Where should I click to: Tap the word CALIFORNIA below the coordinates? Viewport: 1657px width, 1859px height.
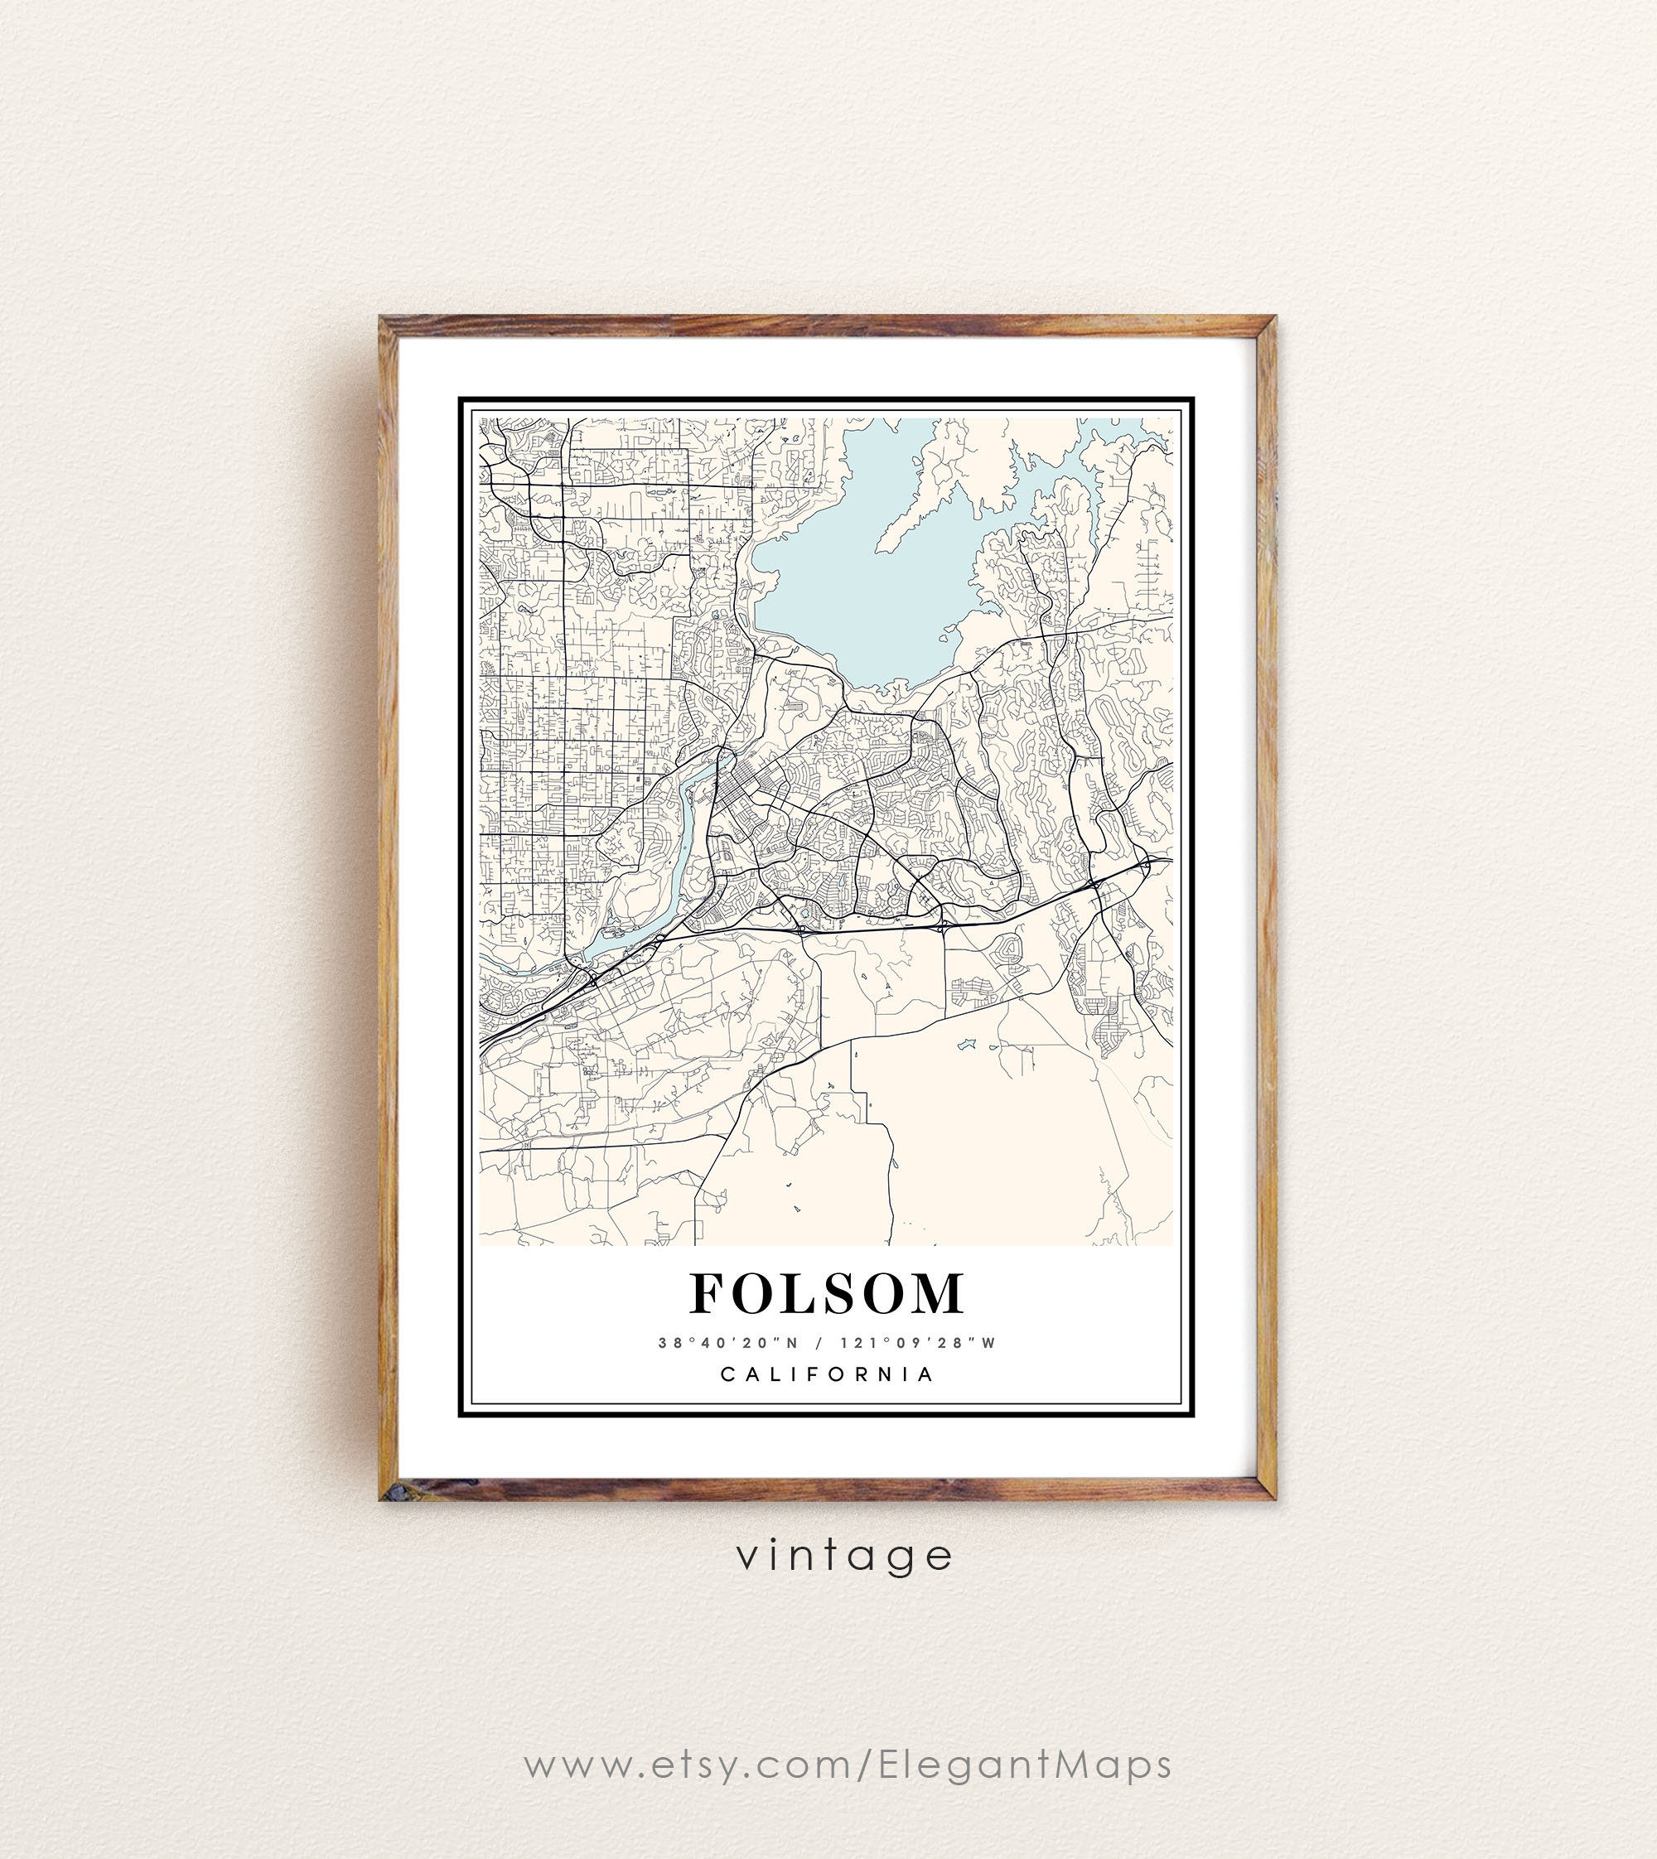pyautogui.click(x=827, y=1374)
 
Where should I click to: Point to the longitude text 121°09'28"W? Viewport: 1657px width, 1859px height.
pyautogui.click(x=918, y=1343)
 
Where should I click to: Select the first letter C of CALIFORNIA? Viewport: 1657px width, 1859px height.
pyautogui.click(x=727, y=1374)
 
